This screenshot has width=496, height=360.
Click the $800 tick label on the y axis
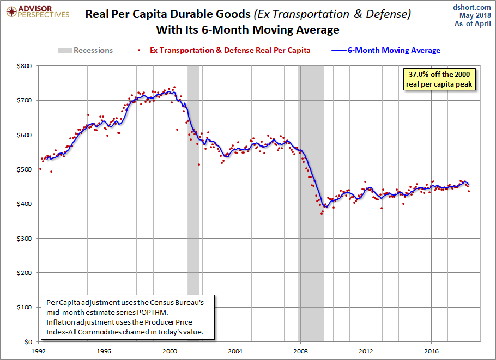point(25,66)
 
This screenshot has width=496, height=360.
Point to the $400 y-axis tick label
point(25,204)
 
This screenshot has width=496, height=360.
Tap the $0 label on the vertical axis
point(28,342)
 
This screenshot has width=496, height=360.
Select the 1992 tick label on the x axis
point(39,351)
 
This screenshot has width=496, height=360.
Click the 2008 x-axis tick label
point(300,351)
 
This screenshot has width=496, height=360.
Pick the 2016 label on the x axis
point(432,351)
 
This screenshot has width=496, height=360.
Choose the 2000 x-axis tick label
point(170,351)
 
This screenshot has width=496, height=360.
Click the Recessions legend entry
point(86,50)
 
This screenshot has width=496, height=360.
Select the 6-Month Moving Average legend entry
point(386,50)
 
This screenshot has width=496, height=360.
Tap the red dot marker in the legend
point(139,50)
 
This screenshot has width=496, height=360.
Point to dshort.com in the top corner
point(471,7)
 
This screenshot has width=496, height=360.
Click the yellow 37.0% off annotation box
point(439,80)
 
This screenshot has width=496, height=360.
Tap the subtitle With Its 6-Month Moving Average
point(247,30)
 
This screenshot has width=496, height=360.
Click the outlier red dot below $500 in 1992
point(51,172)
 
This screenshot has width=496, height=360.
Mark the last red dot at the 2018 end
point(469,191)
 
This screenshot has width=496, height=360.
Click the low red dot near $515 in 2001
point(199,164)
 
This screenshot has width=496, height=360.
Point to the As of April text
point(473,24)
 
